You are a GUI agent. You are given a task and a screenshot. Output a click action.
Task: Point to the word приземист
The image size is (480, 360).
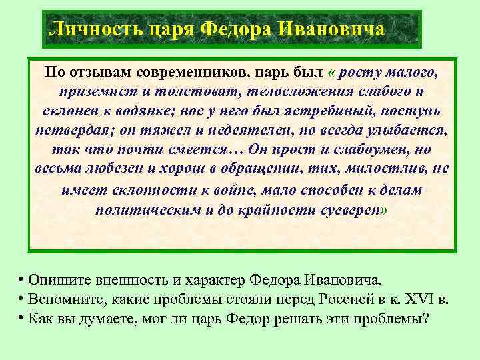(x=87, y=91)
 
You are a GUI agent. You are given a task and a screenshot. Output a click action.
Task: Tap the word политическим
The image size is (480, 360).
(x=145, y=209)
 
